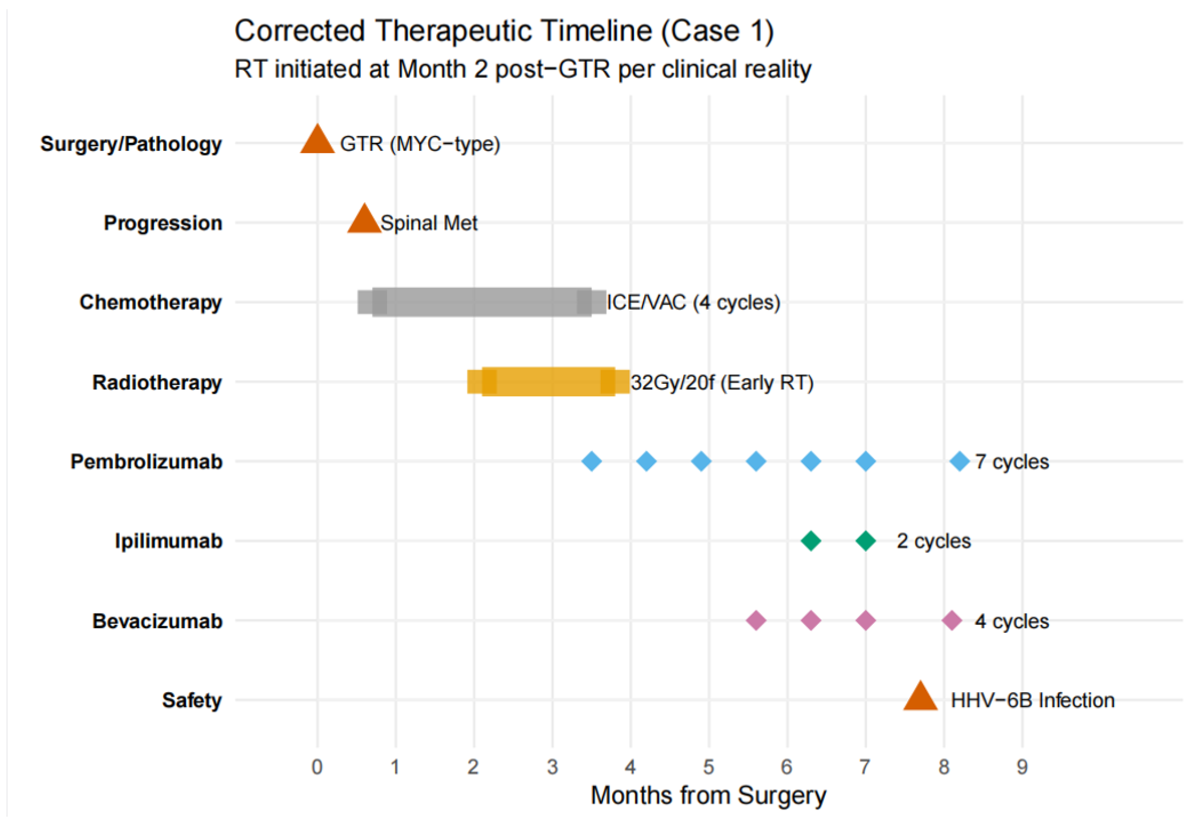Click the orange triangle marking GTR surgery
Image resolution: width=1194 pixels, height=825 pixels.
click(317, 141)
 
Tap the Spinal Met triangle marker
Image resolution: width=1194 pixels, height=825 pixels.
click(364, 220)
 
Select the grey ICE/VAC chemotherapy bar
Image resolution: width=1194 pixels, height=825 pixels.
click(481, 302)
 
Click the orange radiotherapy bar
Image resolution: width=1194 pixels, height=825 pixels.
click(548, 382)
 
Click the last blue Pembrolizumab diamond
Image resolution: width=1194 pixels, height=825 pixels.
click(959, 461)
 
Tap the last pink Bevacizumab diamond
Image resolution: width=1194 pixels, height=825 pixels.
click(951, 620)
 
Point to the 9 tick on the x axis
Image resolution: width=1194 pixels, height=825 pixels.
click(1022, 766)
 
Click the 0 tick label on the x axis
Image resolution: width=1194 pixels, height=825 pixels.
click(317, 766)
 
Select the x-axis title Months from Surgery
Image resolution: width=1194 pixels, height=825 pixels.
click(708, 795)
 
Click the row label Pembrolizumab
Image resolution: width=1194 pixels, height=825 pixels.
click(146, 461)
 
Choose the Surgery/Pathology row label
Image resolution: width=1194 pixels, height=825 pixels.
click(131, 144)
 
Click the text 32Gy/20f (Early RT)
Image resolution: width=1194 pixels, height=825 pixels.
click(721, 382)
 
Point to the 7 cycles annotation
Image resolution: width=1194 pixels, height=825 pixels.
click(1012, 461)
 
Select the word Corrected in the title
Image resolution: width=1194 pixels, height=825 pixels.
click(300, 31)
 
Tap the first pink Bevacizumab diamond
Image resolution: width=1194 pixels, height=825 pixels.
click(756, 620)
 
